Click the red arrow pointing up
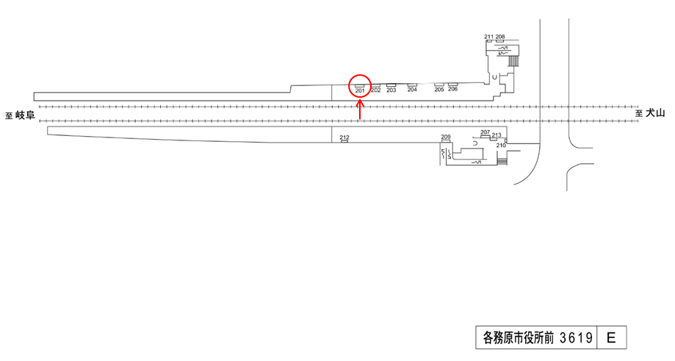pos(359,110)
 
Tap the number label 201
pos(360,91)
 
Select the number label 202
pos(375,90)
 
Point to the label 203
pos(391,90)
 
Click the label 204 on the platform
pos(412,90)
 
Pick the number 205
pos(439,90)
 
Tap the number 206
pos(452,90)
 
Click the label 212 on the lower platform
pos(344,137)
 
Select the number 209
pos(445,137)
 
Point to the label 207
pos(485,132)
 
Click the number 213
pos(497,135)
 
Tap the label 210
pos(501,145)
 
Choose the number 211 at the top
pos(489,36)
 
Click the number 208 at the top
pos(500,36)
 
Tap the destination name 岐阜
pos(26,115)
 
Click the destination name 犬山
pos(655,112)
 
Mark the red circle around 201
pos(360,87)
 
